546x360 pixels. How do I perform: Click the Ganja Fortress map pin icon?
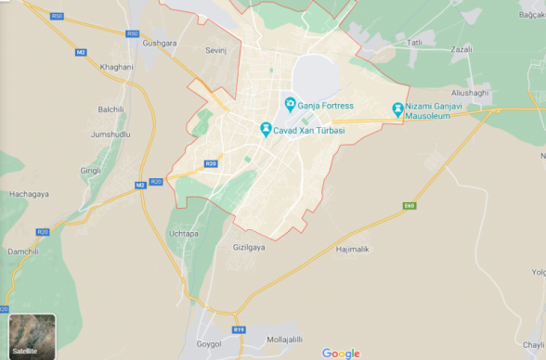tap(290, 104)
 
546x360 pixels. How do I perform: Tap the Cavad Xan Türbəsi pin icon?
tap(266, 129)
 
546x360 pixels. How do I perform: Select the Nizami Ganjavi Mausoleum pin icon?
tap(398, 109)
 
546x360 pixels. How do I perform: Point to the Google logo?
tap(341, 353)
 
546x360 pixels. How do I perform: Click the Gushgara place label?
tap(160, 44)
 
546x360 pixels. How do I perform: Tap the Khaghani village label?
tap(116, 67)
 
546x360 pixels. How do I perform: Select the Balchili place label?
tap(110, 109)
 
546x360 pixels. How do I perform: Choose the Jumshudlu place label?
tap(110, 135)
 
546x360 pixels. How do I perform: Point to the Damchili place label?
tap(24, 251)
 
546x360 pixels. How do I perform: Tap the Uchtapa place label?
tap(183, 233)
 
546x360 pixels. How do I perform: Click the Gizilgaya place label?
tap(249, 248)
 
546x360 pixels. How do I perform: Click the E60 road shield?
tap(409, 205)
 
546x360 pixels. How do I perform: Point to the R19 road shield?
tap(239, 329)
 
